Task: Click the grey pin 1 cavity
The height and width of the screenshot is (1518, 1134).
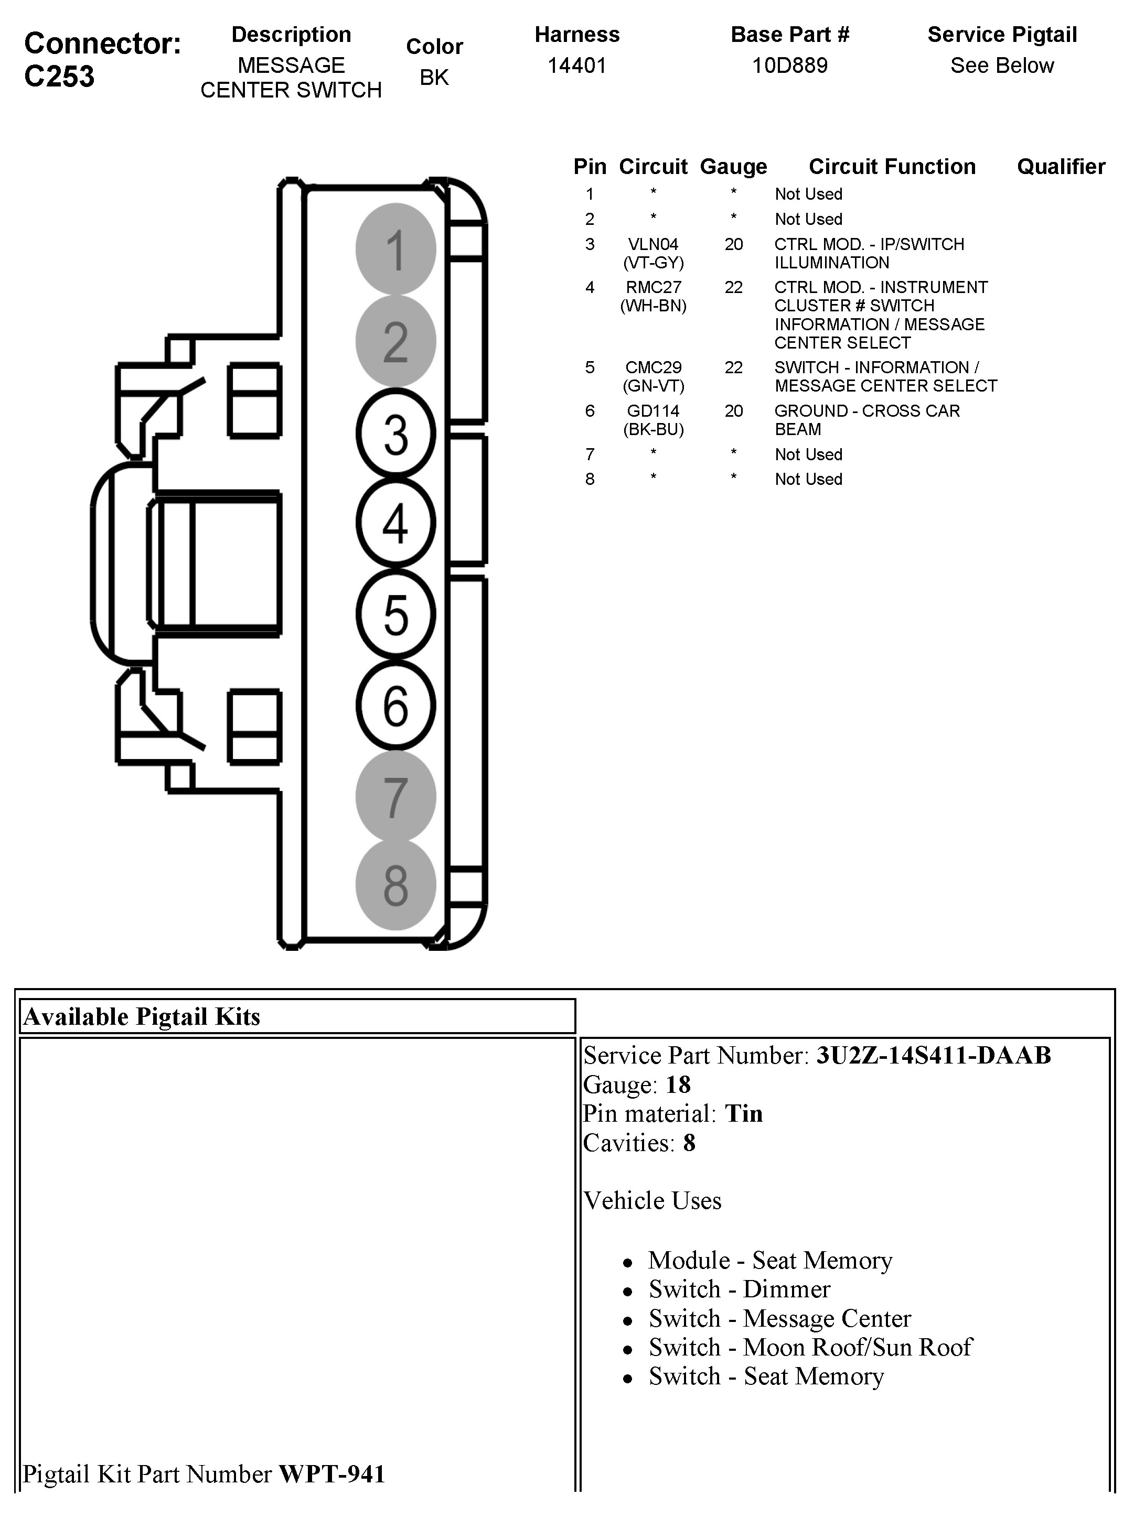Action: (395, 249)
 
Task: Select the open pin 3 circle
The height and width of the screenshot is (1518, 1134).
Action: (395, 433)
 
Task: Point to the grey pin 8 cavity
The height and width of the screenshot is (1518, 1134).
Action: (395, 885)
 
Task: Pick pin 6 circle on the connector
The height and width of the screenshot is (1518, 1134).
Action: (395, 705)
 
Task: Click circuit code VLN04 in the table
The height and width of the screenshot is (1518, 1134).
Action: (653, 244)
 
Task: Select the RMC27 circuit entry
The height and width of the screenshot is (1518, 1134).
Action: (653, 287)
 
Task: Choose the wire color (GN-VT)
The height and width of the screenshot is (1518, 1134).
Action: (653, 386)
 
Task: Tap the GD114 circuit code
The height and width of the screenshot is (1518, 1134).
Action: (653, 411)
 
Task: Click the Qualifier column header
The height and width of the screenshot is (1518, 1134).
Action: (1061, 167)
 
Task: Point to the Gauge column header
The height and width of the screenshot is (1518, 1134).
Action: (733, 167)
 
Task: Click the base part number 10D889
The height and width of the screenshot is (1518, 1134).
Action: (789, 66)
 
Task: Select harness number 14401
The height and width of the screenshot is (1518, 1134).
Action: (576, 66)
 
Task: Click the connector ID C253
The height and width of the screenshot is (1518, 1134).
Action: (59, 76)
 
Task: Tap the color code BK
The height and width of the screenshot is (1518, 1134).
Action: (434, 78)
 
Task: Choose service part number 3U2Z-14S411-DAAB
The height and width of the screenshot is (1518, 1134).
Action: (933, 1055)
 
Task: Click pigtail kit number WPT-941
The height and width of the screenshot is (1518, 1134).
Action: (331, 1474)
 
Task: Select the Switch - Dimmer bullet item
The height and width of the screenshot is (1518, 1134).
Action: (739, 1289)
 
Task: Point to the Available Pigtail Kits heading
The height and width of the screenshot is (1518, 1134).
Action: (142, 1016)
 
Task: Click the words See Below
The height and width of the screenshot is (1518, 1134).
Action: (1001, 66)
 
